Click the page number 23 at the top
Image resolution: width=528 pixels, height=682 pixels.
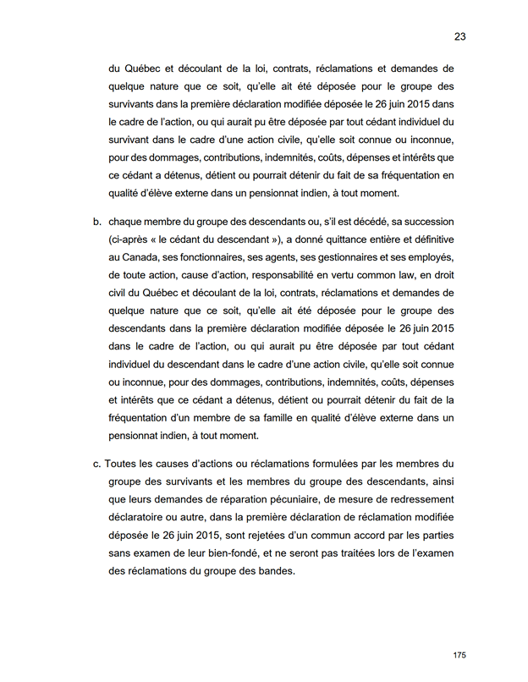point(459,36)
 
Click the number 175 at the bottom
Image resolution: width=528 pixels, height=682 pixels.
point(459,655)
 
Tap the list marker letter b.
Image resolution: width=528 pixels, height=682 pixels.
point(96,223)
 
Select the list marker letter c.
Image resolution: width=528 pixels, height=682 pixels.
point(96,464)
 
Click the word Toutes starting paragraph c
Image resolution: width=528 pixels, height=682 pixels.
point(124,464)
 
